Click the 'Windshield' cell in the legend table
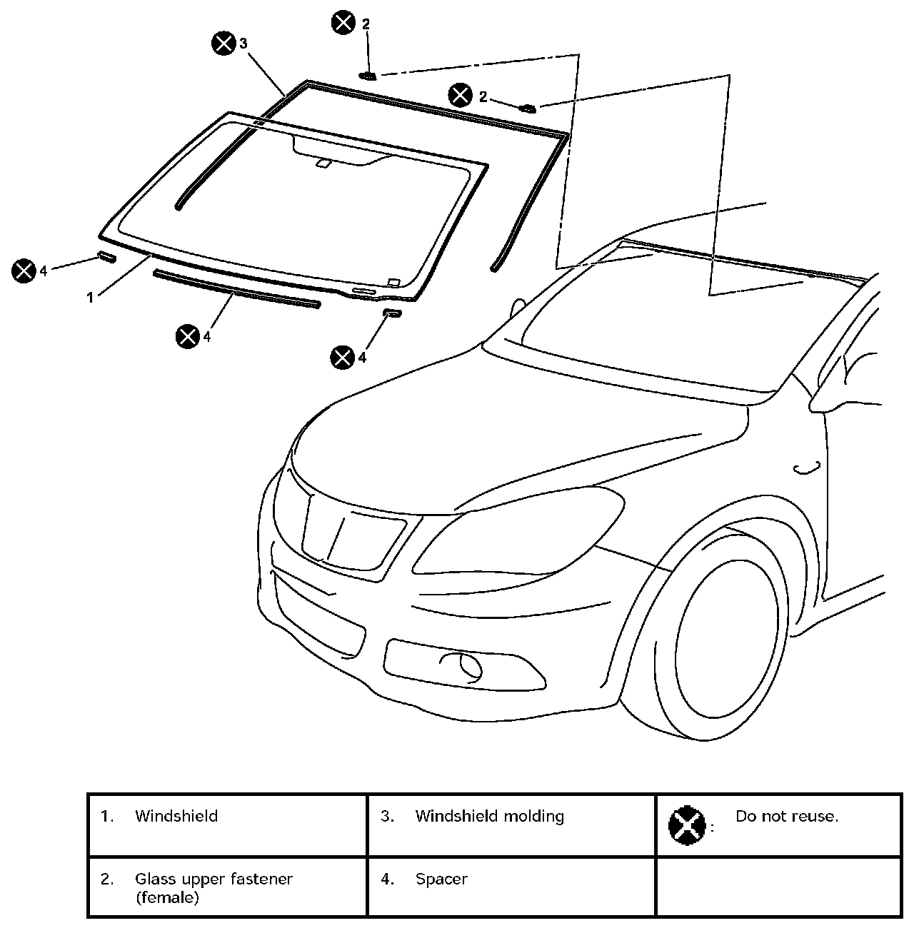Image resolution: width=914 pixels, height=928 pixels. tap(176, 816)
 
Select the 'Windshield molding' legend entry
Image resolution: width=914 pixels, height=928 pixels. tap(489, 816)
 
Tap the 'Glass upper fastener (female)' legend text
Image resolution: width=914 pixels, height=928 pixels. tap(214, 887)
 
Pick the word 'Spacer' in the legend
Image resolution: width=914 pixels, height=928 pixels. tap(441, 879)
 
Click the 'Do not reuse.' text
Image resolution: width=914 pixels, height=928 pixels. tap(786, 816)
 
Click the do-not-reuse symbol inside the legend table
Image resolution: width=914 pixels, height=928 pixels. tap(686, 824)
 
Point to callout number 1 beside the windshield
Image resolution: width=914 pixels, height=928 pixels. tap(91, 298)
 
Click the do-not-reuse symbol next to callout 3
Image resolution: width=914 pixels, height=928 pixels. tap(224, 44)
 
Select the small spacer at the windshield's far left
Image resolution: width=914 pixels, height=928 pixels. tap(106, 257)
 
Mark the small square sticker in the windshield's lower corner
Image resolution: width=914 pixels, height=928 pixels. tap(392, 281)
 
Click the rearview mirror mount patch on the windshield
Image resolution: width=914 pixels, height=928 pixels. tap(323, 164)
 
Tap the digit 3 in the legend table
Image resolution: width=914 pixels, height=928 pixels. tap(386, 816)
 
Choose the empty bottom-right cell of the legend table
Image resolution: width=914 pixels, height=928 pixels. tap(778, 887)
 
